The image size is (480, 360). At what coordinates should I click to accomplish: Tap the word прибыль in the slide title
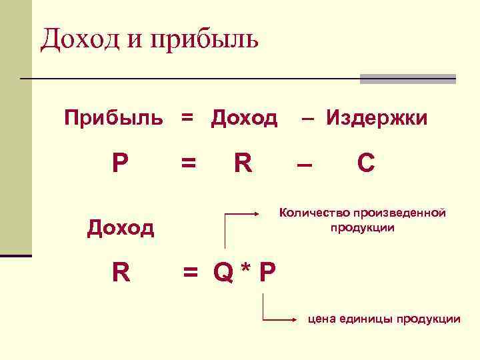click(x=205, y=40)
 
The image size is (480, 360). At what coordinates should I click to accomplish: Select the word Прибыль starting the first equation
click(x=113, y=119)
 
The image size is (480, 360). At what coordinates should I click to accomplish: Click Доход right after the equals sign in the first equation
click(x=244, y=119)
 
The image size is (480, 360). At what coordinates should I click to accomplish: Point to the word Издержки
click(x=377, y=119)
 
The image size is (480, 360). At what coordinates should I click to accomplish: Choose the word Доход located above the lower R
click(x=121, y=229)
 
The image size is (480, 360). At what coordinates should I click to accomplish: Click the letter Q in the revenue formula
click(x=223, y=272)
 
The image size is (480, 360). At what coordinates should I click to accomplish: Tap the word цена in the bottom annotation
click(x=320, y=319)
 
